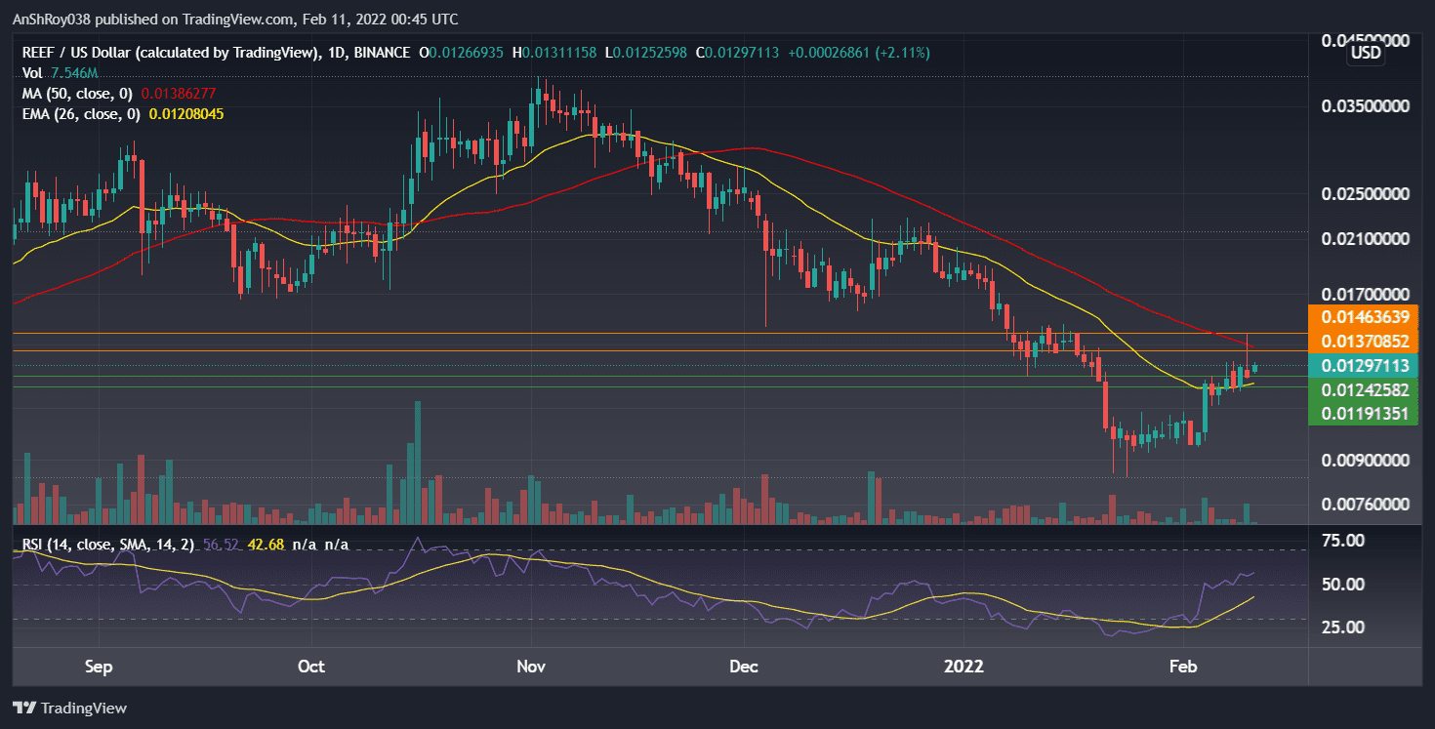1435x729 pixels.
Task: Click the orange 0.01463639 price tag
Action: tap(1364, 316)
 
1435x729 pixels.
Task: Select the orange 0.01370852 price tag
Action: tap(1364, 341)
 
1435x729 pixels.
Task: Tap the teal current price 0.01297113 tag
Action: tap(1364, 366)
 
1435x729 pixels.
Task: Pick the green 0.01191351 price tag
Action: tap(1364, 413)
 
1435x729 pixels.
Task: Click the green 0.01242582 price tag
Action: tap(1364, 389)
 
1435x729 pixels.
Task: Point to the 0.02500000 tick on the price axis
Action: tap(1364, 194)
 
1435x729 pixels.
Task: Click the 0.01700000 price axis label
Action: tap(1364, 294)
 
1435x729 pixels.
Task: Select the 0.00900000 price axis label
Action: tap(1364, 460)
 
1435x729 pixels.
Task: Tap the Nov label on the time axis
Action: tap(530, 668)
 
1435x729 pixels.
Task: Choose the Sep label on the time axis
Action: tap(100, 668)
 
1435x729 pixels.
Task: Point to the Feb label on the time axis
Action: tap(1183, 668)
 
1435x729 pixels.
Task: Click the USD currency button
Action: tap(1365, 54)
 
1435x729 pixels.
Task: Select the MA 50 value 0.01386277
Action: tap(179, 94)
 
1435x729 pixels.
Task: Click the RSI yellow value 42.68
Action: tap(266, 545)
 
